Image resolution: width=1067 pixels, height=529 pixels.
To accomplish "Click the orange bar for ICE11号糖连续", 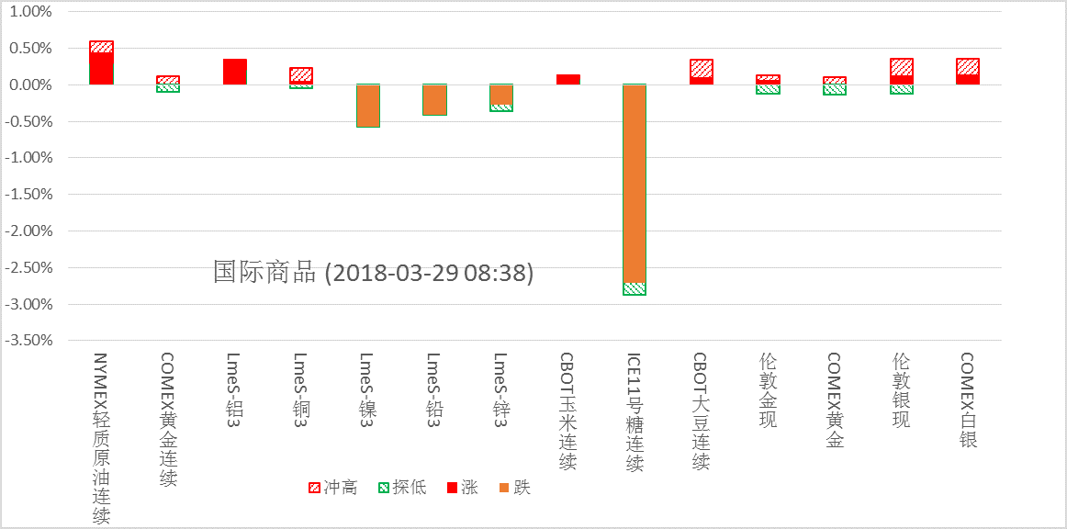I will click(x=635, y=184).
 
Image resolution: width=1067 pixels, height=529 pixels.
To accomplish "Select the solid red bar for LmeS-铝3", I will click(x=235, y=72).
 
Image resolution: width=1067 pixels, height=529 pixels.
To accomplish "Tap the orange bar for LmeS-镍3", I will click(x=368, y=105).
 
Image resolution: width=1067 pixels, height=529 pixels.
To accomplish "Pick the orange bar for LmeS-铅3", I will click(x=434, y=99).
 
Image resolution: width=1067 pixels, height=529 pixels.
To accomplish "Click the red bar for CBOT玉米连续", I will click(x=568, y=80).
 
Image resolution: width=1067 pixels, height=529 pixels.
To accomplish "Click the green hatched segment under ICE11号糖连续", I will click(x=635, y=288).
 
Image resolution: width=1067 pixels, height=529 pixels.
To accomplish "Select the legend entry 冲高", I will click(x=333, y=488).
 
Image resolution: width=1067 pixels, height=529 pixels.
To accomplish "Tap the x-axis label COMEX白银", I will click(x=968, y=400).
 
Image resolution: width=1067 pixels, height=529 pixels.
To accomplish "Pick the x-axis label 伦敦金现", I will click(x=769, y=389).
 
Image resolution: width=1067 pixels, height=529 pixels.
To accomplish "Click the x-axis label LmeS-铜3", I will click(x=301, y=385).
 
